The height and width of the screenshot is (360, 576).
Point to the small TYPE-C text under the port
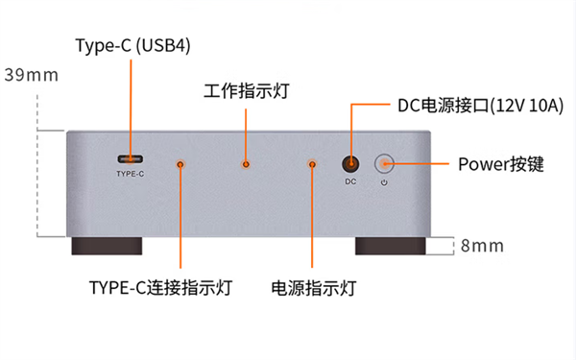click(130, 174)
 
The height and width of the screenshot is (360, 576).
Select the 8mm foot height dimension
click(482, 246)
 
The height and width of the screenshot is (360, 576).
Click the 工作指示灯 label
click(247, 91)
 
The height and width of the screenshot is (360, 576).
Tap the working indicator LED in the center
click(246, 165)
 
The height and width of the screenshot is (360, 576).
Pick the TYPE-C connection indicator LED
click(180, 165)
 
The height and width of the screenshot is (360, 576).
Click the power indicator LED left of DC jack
click(312, 165)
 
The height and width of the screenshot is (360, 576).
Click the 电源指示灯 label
click(314, 287)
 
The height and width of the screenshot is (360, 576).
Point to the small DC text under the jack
click(351, 181)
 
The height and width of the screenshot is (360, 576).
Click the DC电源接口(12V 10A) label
click(470, 106)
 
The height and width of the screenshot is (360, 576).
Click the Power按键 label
click(500, 164)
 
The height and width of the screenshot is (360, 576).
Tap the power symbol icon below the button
click(384, 181)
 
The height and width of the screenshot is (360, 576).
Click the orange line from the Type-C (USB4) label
click(130, 106)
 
